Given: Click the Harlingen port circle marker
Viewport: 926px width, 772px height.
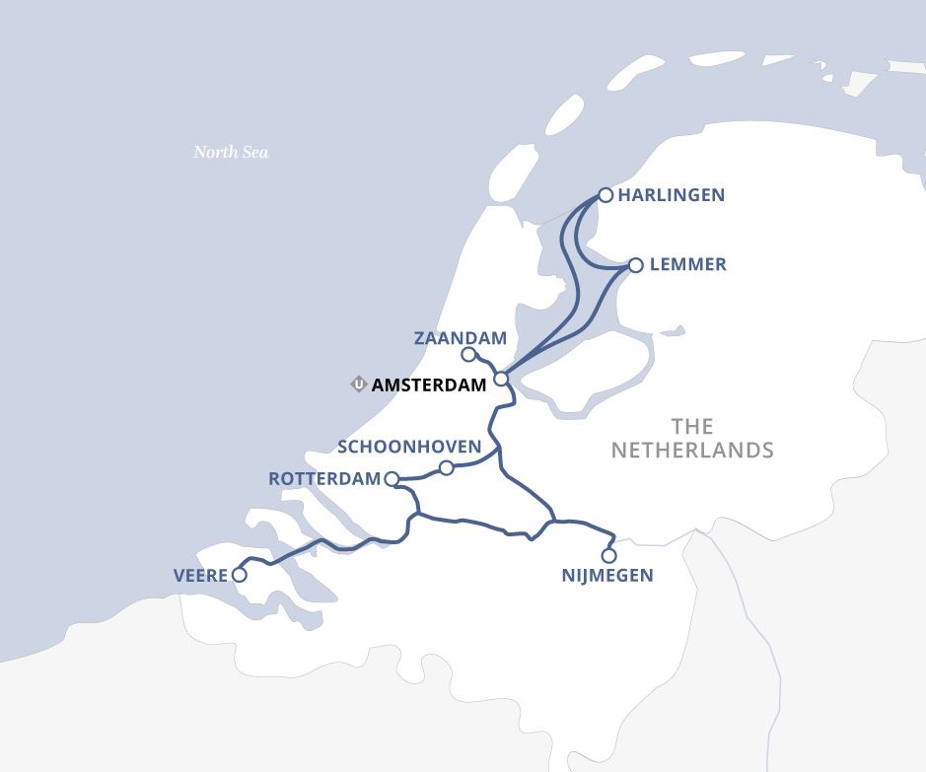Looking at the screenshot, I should click(x=605, y=195).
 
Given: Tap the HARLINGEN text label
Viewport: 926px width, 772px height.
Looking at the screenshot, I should click(x=672, y=195).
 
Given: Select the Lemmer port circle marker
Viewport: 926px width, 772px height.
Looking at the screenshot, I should click(x=635, y=265).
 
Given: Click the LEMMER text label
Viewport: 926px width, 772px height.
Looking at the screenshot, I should click(x=687, y=265).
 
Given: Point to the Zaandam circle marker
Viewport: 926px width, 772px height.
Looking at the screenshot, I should click(x=468, y=355).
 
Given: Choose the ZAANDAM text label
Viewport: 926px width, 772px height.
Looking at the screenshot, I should click(x=460, y=338).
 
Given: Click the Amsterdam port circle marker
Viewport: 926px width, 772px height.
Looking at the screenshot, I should click(x=501, y=379).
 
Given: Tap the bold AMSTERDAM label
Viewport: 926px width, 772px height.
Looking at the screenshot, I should click(x=429, y=386).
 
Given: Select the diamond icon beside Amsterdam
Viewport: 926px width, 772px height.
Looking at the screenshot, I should click(x=359, y=385).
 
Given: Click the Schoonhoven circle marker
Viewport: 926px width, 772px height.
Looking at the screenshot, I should click(x=446, y=467).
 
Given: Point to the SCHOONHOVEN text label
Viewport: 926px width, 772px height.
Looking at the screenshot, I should click(x=409, y=447).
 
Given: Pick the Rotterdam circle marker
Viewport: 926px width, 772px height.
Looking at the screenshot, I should click(x=392, y=479).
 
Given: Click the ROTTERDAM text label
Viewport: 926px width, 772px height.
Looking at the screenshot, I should click(x=324, y=479).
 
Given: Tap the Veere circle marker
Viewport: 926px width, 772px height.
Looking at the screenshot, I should click(x=239, y=575).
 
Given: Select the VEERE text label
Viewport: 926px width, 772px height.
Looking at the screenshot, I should click(x=201, y=575).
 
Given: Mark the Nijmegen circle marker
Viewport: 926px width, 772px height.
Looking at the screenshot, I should click(x=608, y=556).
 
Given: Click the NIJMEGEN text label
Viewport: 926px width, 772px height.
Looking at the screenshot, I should click(x=607, y=576).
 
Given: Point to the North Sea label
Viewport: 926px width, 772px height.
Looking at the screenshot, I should click(x=231, y=152).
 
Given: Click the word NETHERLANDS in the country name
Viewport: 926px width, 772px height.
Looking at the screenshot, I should click(x=692, y=451).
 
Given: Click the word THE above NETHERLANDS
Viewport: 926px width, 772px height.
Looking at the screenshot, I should click(x=691, y=426).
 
